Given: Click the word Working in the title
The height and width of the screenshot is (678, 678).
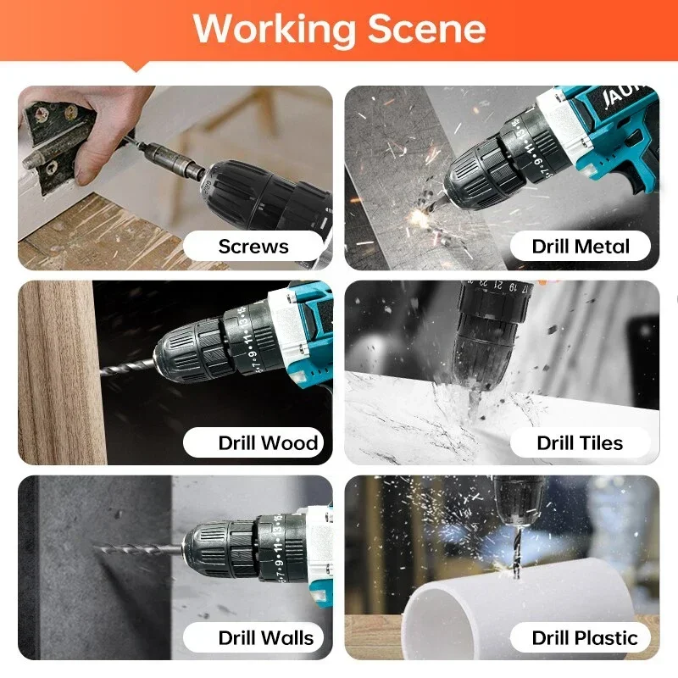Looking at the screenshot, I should [x=273, y=29].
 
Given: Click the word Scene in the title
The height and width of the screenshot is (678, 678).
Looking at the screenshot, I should [x=426, y=29].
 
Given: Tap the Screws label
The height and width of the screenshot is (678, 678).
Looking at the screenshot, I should [x=253, y=247].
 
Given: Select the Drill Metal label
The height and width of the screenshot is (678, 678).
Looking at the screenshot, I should [x=581, y=247].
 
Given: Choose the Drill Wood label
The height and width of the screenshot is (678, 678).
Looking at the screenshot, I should [x=267, y=442].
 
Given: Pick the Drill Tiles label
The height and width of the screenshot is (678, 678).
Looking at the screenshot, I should [x=580, y=442].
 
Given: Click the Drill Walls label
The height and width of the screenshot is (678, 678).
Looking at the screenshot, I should [x=265, y=638].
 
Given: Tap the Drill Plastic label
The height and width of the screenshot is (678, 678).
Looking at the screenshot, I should [x=584, y=638].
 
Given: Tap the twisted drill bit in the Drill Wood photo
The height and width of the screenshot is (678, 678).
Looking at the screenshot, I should [x=127, y=366].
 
